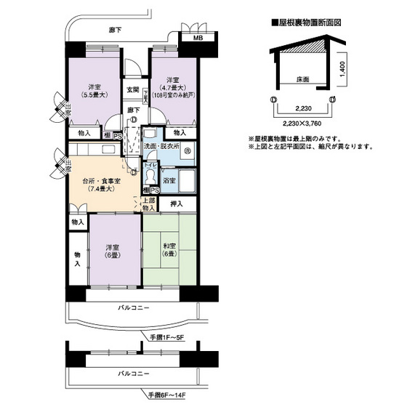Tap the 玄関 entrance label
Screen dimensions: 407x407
point(133,90)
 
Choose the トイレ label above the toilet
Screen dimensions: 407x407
point(150,166)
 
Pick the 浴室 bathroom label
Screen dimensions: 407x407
point(169,179)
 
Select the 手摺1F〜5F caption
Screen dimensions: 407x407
point(169,339)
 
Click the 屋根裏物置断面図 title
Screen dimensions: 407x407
point(306,23)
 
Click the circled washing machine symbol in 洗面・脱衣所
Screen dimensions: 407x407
point(187,150)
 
